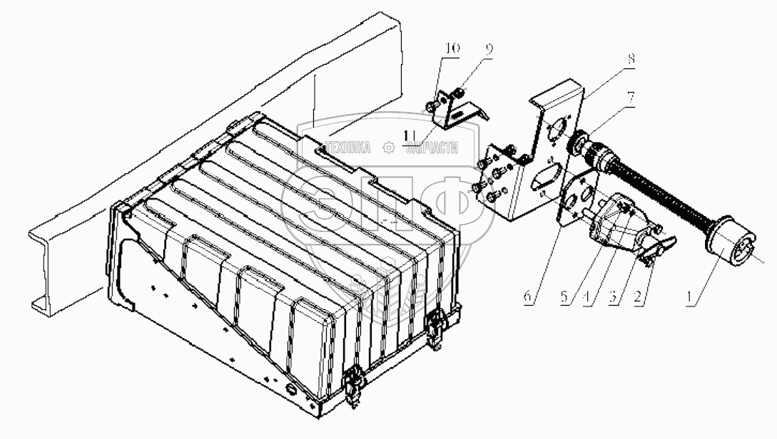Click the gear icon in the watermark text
tap(389, 148)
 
